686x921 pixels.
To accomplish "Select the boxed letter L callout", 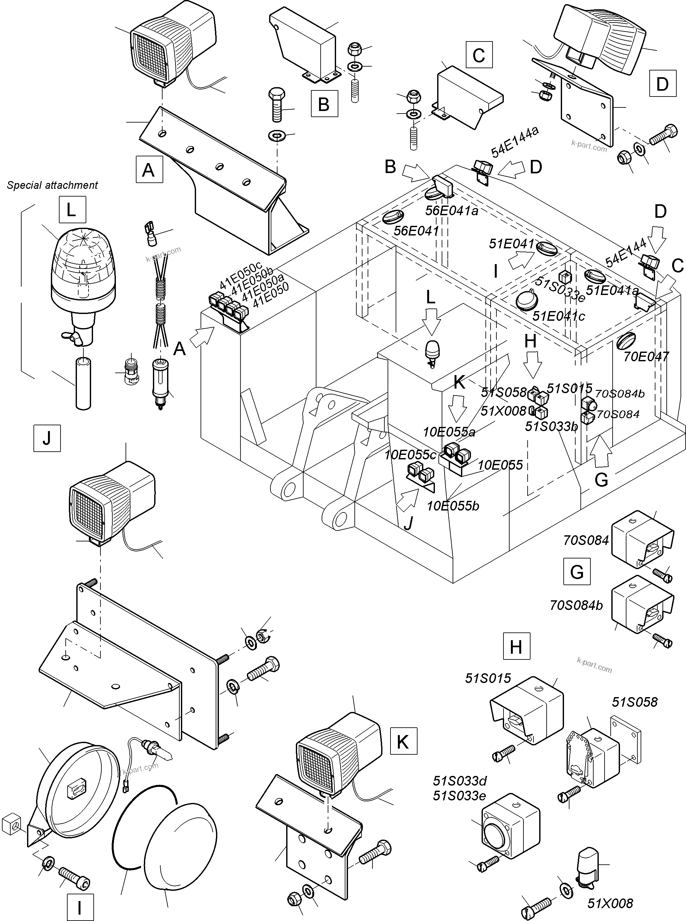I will pyautogui.click(x=72, y=210).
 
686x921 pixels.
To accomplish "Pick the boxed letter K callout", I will pyautogui.click(x=403, y=741).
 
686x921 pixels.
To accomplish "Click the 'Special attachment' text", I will pyautogui.click(x=52, y=185).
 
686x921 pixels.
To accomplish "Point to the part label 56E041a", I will pyautogui.click(x=451, y=211).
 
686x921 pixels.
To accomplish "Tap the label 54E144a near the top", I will pyautogui.click(x=515, y=142).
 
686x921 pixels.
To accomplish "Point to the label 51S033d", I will pyautogui.click(x=459, y=781).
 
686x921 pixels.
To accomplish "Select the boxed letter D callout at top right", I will pyautogui.click(x=662, y=84).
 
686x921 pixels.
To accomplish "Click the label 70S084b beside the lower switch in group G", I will pyautogui.click(x=576, y=605).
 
